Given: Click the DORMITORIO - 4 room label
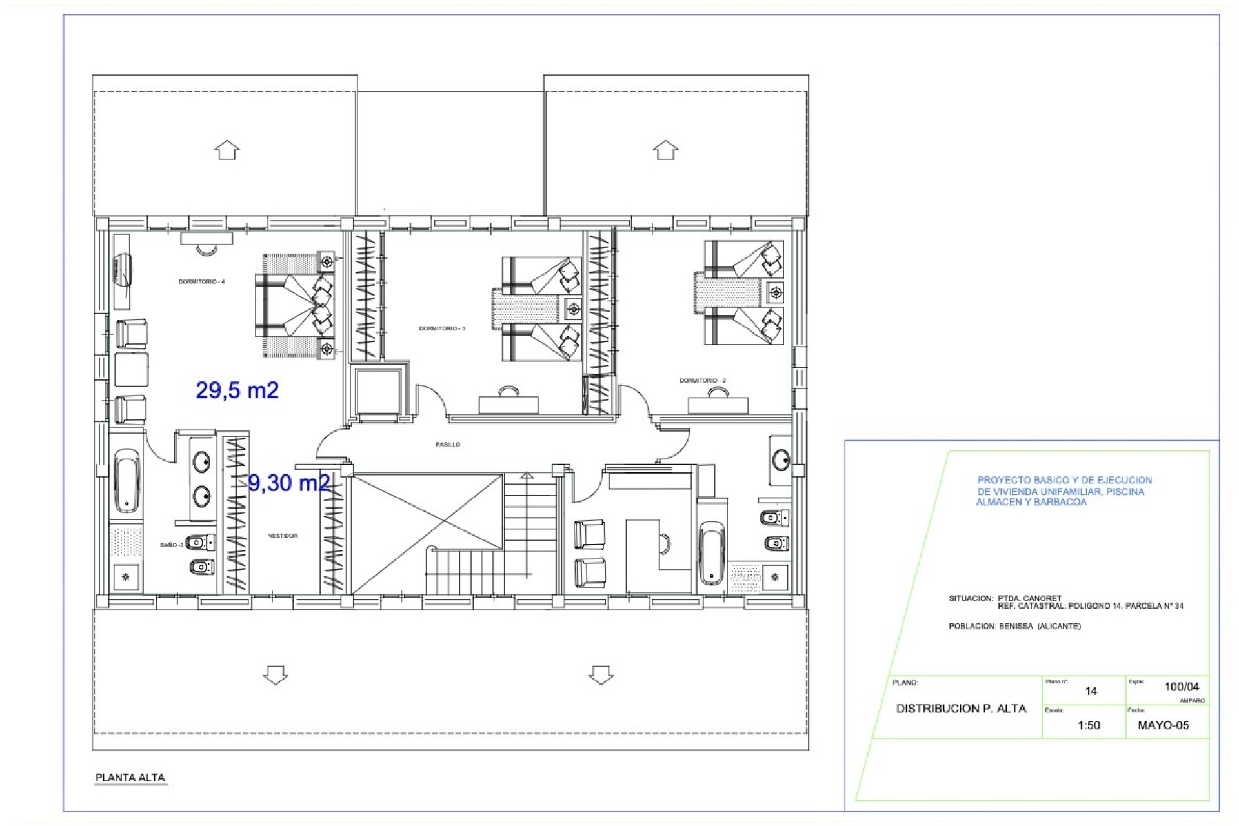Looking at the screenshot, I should pyautogui.click(x=201, y=282).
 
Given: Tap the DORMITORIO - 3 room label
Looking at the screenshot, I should pyautogui.click(x=442, y=329).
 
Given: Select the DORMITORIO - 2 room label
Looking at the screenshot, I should pyautogui.click(x=702, y=381).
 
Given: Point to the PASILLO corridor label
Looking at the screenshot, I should pyautogui.click(x=448, y=445).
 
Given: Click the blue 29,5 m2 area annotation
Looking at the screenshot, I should pyautogui.click(x=237, y=390).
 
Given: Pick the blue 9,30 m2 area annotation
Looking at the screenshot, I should pyautogui.click(x=288, y=483).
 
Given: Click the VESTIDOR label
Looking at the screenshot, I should pyautogui.click(x=283, y=536).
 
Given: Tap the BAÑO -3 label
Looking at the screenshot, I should pyautogui.click(x=172, y=545).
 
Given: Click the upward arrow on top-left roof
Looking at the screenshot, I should pyautogui.click(x=227, y=150).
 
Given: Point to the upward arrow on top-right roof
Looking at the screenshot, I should pyautogui.click(x=665, y=150).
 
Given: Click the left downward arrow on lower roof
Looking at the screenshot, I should pyautogui.click(x=276, y=675).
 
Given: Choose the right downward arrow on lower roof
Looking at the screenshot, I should pyautogui.click(x=601, y=675).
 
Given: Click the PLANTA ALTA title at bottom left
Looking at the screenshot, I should pyautogui.click(x=130, y=778).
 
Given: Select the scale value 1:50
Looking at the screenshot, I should pyautogui.click(x=1089, y=725).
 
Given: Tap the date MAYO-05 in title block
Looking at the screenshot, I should pyautogui.click(x=1163, y=725).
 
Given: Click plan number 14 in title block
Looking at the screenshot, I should pyautogui.click(x=1091, y=691).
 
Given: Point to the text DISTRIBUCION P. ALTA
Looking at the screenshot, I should pyautogui.click(x=961, y=709).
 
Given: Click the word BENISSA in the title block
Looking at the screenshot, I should pyautogui.click(x=1015, y=626).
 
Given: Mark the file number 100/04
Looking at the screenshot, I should pyautogui.click(x=1182, y=687).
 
